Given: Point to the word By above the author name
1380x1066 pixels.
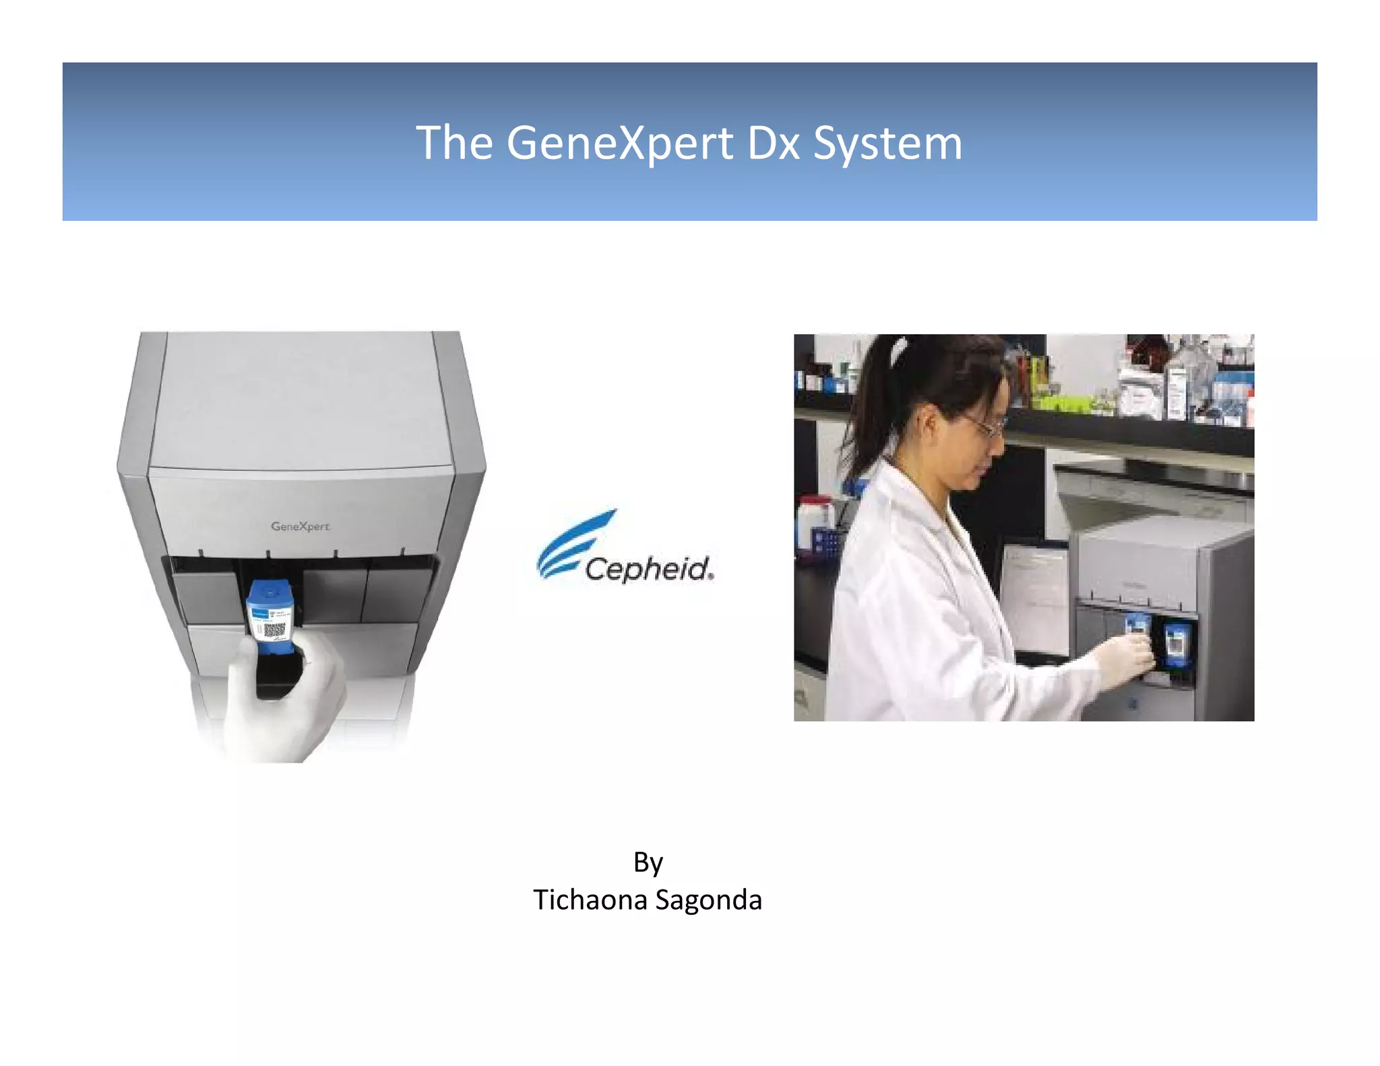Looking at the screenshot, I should (x=648, y=863).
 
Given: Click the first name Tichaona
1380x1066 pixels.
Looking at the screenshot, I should (x=590, y=900).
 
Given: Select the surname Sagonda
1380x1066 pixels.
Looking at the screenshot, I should (x=708, y=900).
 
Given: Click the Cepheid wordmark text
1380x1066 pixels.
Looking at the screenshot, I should (x=648, y=569).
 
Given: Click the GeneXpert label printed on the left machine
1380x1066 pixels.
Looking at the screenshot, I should (x=300, y=526).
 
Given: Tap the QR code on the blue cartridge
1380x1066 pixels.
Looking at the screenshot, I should (x=274, y=631).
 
